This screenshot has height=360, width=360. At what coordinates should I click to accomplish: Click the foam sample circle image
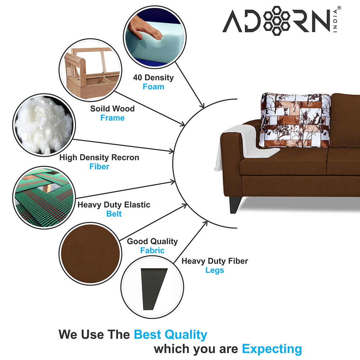click(x=154, y=36)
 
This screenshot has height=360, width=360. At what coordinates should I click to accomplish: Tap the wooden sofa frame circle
click(x=90, y=69)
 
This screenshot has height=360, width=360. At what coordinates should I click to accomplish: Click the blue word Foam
click(x=153, y=87)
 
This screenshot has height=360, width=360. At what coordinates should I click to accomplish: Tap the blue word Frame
click(x=112, y=118)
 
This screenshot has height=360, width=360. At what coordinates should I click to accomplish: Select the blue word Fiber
click(x=99, y=167)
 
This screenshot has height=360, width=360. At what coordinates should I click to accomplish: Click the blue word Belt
click(x=114, y=214)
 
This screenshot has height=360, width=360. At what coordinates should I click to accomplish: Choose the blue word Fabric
click(x=152, y=251)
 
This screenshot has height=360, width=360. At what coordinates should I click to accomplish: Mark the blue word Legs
click(x=215, y=270)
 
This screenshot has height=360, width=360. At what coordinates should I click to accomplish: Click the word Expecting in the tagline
click(x=272, y=348)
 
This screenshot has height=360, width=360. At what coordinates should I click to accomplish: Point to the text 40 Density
click(x=153, y=77)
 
